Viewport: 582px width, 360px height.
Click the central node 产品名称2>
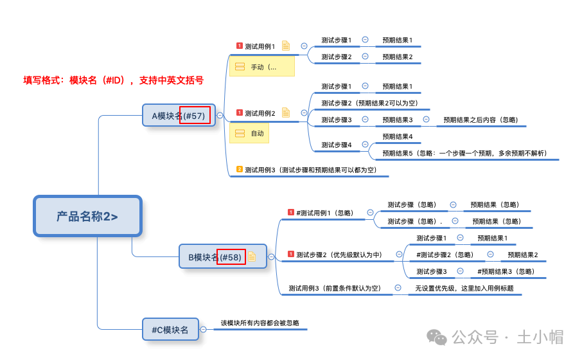[87, 216]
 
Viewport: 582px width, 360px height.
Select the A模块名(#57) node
[179, 116]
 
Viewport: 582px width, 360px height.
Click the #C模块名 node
[170, 330]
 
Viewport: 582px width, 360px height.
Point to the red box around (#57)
[195, 115]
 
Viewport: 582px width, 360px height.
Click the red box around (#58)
[231, 256]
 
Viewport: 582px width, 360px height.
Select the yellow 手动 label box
[261, 67]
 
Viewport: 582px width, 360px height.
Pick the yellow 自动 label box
[249, 133]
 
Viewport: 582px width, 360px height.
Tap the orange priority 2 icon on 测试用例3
[240, 170]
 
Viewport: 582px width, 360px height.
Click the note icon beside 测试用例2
[286, 113]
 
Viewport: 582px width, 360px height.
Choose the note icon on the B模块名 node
[252, 256]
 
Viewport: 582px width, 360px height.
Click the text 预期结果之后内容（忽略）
[481, 120]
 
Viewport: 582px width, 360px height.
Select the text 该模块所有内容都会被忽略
[260, 323]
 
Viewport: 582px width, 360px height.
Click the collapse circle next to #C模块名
[204, 330]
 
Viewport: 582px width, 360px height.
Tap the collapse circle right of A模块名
[220, 116]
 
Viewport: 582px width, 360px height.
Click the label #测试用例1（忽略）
[326, 213]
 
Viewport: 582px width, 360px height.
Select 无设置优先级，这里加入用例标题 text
[464, 288]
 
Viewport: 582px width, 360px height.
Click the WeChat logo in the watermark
[438, 337]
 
